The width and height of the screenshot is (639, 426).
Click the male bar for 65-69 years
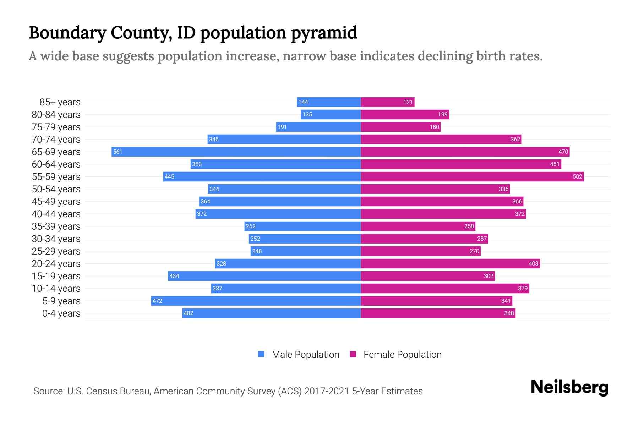point(236,152)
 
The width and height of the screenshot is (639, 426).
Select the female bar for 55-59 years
point(472,177)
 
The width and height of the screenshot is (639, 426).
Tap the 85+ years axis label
point(60,102)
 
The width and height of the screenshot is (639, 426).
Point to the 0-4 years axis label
point(61,313)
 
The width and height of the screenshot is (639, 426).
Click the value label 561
point(118,152)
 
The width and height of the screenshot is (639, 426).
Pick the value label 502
point(577,177)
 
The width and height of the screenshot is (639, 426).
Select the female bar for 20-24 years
point(450,264)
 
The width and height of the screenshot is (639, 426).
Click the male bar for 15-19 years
point(264,276)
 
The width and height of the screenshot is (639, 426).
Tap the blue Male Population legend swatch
point(261,354)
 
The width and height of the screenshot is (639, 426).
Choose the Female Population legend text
point(402,355)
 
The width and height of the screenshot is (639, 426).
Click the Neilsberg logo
point(569,387)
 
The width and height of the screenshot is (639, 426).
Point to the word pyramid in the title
point(324,33)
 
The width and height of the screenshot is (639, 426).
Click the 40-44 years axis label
point(56,214)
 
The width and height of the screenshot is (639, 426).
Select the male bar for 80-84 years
point(331,115)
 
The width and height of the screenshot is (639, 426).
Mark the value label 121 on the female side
point(408,102)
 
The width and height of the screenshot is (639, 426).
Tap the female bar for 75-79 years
point(400,127)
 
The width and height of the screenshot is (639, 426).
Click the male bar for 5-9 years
point(256,301)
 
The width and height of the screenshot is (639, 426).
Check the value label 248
point(257,251)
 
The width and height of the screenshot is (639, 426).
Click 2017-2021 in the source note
point(327,391)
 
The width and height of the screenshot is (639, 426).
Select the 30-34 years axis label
point(56,239)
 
